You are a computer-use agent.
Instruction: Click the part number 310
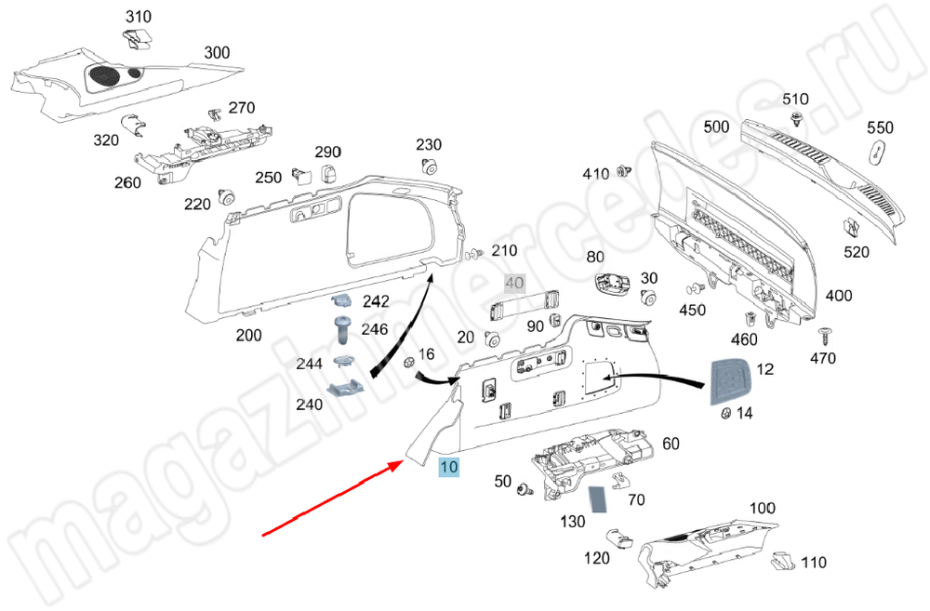point(138,17)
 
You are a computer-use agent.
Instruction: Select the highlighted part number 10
point(449,468)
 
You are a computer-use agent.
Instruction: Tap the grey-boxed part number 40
point(514,283)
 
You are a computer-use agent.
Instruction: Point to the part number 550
point(880,127)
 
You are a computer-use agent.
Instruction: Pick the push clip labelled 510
point(797,118)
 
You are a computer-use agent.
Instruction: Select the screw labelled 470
point(823,334)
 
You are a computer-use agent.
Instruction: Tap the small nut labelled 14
point(720,412)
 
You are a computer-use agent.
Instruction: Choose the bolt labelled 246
point(340,328)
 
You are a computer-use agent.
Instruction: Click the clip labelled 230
point(429,167)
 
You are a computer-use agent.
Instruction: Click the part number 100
point(762,508)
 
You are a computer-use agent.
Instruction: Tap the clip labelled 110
point(784,560)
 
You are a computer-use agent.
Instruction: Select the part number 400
point(838,296)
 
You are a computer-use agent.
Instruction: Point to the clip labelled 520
point(853,228)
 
